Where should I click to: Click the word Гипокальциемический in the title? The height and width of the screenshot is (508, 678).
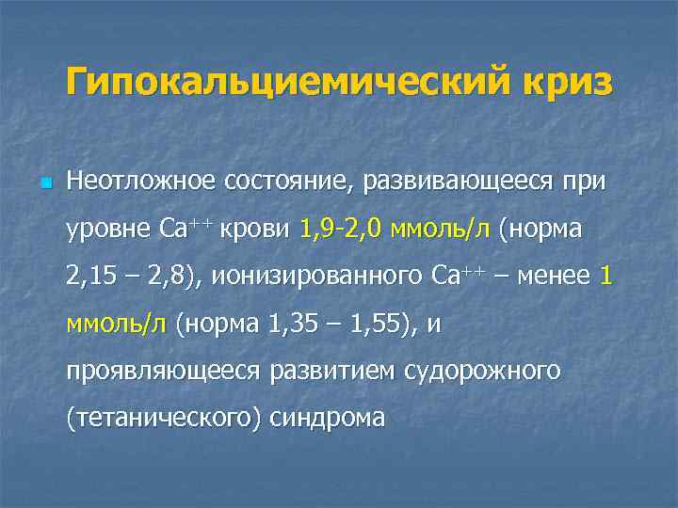282,82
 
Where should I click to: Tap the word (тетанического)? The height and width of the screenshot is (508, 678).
164,420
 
